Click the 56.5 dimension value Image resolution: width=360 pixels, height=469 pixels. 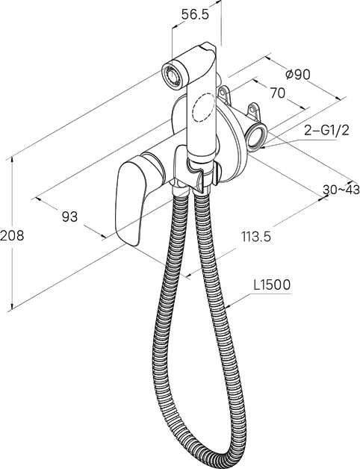tap(195, 14)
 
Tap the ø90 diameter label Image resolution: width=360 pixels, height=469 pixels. tap(297, 74)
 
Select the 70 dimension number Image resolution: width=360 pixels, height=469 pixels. tap(277, 93)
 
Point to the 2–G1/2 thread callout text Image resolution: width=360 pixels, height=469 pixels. tap(327, 130)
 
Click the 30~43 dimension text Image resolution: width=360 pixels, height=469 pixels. tap(341, 190)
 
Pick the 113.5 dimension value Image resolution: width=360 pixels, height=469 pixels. tap(256, 237)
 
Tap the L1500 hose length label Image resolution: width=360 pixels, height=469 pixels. tap(272, 285)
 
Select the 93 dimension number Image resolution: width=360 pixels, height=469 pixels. tap(69, 217)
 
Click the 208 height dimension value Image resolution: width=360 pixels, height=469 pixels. tap(12, 235)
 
